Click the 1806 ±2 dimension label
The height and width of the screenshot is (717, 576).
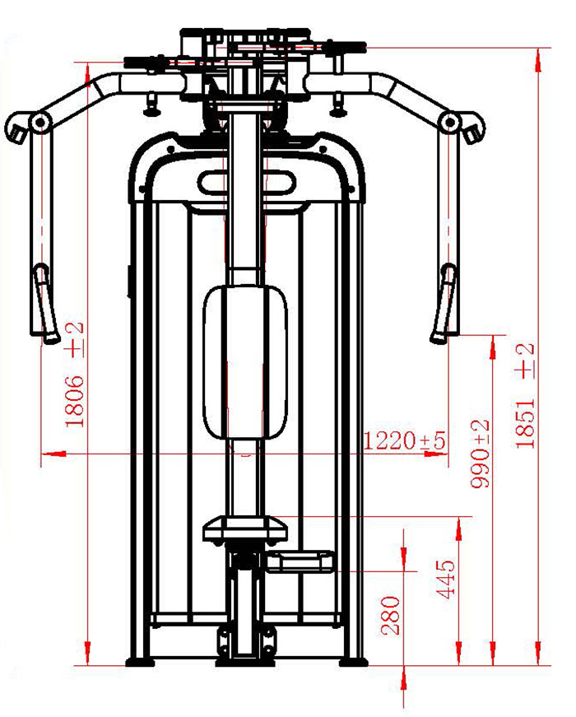[x=75, y=374]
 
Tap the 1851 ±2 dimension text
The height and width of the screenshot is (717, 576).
[x=524, y=395]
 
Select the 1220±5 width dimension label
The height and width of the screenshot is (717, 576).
[x=404, y=440]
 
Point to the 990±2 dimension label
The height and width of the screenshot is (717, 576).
[x=480, y=454]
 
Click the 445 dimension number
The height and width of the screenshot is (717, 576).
[x=445, y=579]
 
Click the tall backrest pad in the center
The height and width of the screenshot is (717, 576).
[x=245, y=361]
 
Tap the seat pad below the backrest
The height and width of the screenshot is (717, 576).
[x=245, y=528]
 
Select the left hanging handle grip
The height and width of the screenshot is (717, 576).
[x=45, y=303]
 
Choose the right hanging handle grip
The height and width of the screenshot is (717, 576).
[x=444, y=303]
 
